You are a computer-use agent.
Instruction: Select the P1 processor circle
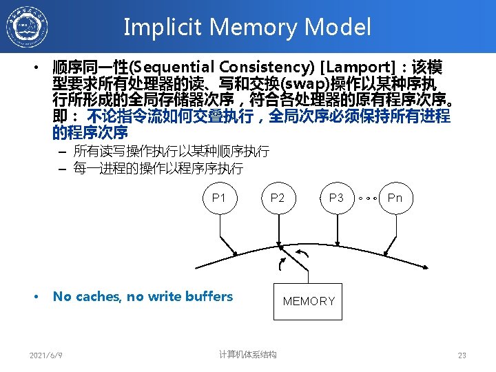coord(219,198)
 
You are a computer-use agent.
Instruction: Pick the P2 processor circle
coord(278,198)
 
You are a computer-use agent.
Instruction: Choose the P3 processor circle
coord(336,198)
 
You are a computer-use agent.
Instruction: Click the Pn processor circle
coord(395,198)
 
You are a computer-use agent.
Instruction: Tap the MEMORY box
coord(308,301)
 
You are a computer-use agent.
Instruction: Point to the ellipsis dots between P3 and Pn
coord(366,198)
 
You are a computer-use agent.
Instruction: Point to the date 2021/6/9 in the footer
coord(46,355)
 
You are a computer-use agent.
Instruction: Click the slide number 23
coord(462,355)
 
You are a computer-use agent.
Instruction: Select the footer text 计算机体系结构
coord(247,355)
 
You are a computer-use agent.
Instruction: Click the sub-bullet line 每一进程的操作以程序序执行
coord(158,167)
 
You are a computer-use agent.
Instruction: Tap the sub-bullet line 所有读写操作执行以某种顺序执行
coord(171,151)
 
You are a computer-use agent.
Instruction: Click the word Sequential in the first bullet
coord(173,68)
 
